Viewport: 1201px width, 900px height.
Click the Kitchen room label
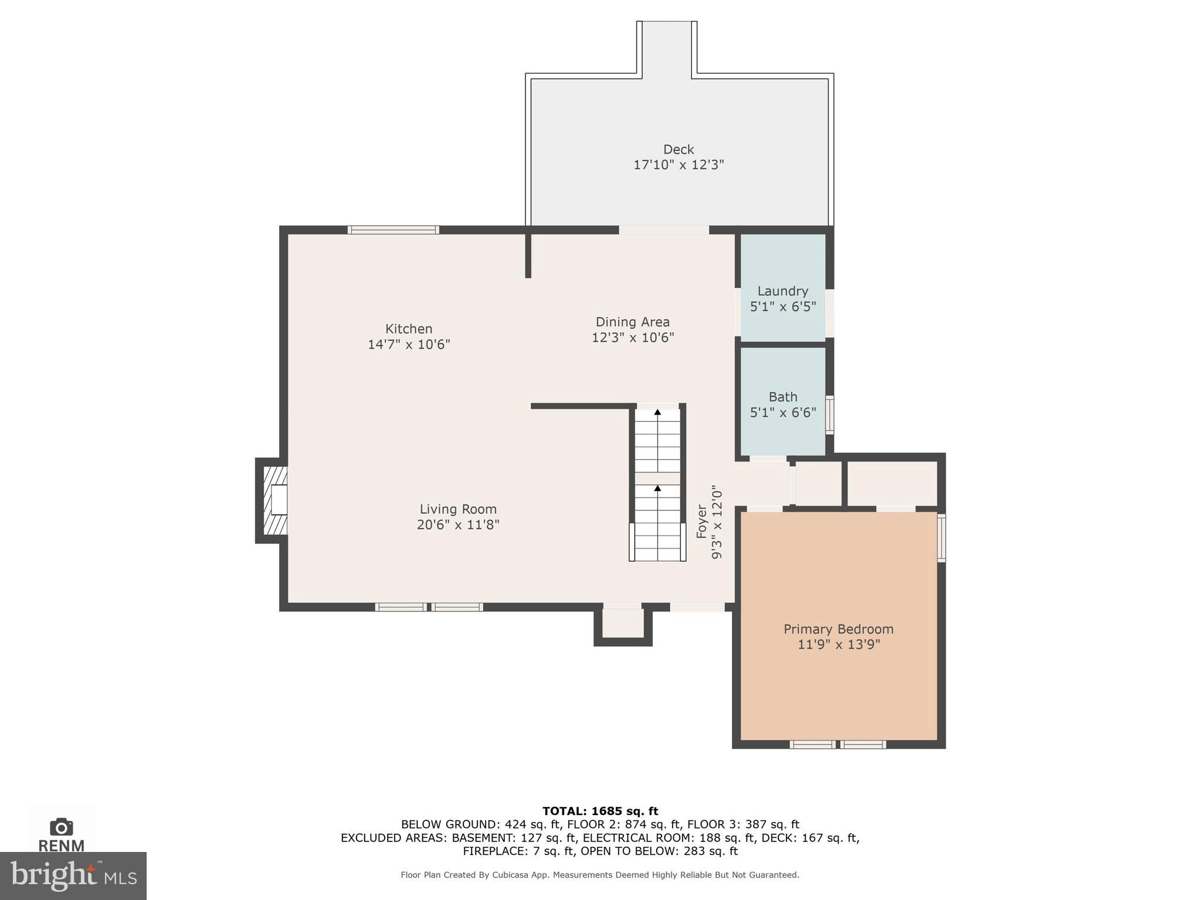tap(409, 329)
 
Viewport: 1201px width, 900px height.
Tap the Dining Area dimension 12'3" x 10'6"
tap(633, 337)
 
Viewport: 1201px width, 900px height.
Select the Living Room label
tap(458, 509)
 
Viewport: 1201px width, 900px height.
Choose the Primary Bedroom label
tap(839, 629)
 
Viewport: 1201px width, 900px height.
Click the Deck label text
tap(678, 149)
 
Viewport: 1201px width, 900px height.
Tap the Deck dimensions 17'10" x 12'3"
tap(678, 165)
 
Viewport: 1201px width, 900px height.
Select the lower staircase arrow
tap(657, 489)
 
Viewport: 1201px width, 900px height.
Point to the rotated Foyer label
tap(701, 521)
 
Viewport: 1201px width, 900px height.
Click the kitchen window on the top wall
tap(393, 230)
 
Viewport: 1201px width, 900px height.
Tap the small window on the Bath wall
tap(829, 415)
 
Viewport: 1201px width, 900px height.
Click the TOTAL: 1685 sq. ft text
tap(600, 811)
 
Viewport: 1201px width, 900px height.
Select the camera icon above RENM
tap(62, 827)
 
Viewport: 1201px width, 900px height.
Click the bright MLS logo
tap(73, 876)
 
